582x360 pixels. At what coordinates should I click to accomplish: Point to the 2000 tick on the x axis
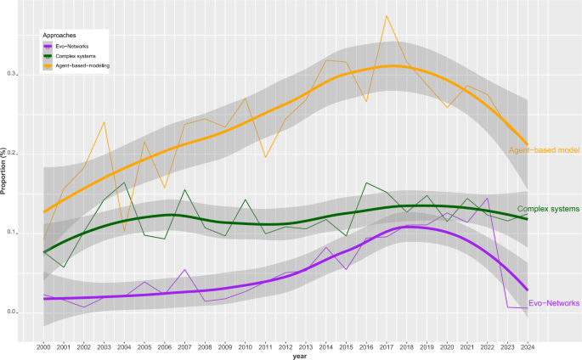(43, 346)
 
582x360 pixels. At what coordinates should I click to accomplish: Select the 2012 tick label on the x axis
(285, 346)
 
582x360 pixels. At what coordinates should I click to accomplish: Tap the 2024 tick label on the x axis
(527, 346)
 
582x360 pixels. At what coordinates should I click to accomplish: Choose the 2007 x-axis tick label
(184, 346)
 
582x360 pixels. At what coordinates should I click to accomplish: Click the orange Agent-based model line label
(543, 149)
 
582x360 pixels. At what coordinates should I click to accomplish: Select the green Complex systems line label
(548, 208)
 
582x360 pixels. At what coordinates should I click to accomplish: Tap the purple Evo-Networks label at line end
(554, 302)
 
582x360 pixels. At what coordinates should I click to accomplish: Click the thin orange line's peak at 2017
(387, 15)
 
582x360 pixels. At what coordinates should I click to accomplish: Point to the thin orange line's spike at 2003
(104, 122)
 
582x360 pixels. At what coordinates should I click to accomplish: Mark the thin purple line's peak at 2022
(487, 198)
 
